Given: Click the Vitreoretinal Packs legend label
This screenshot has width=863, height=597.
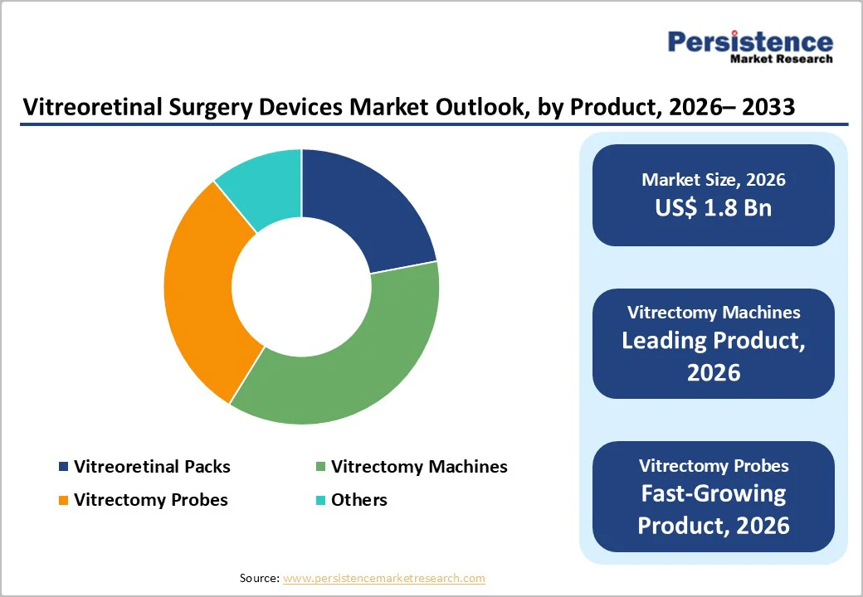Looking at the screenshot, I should coord(152,467).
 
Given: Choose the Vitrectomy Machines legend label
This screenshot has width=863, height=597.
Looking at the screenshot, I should coord(419,467).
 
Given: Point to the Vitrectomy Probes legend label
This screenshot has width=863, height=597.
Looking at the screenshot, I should coord(150,500).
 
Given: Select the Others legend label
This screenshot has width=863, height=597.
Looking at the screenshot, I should coord(358,500).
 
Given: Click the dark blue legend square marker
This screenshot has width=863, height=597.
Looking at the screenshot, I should coord(64,468).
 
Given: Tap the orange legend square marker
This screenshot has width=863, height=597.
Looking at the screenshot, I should coord(64,501).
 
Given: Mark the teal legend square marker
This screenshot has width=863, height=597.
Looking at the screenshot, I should coord(320,501).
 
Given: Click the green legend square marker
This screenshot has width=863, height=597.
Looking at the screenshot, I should coord(320,468).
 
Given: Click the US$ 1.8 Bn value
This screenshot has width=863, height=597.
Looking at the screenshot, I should coord(713,207).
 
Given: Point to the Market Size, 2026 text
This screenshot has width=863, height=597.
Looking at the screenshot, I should coord(713,179).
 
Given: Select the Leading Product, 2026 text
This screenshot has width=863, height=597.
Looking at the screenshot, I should coord(713,356).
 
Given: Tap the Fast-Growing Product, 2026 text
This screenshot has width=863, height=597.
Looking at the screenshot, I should coord(713,509).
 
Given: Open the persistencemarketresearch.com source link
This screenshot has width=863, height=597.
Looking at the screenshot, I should coord(383,578).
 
